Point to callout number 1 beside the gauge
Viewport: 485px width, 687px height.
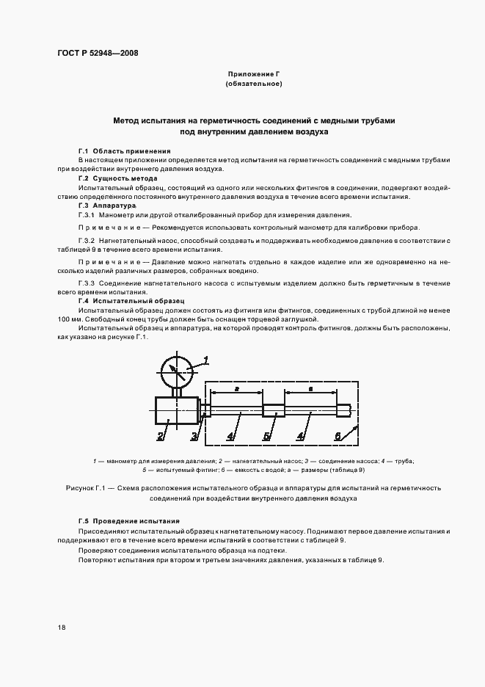click(x=206, y=359)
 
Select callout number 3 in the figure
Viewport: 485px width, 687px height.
click(x=194, y=437)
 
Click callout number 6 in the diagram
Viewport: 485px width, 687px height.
click(x=338, y=436)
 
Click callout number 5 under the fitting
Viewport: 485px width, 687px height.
click(x=268, y=437)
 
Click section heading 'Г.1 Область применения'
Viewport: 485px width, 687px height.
click(x=114, y=150)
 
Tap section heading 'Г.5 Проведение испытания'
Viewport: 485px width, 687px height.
click(x=128, y=521)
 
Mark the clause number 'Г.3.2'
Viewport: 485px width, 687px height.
click(x=87, y=241)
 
